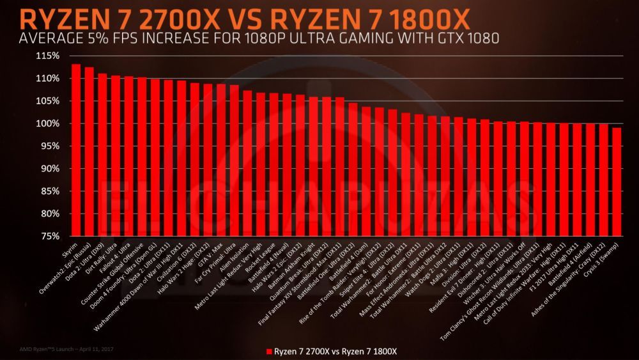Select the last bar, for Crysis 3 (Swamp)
pos(617,182)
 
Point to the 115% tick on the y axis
pos(49,56)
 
